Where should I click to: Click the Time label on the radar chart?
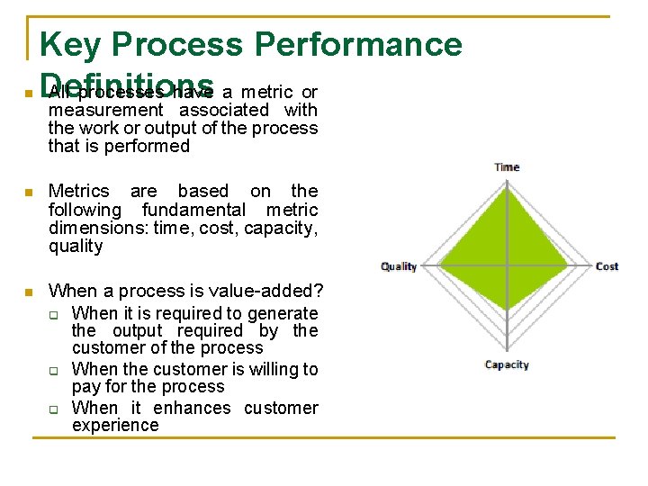tap(507, 166)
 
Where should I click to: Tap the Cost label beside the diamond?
tap(607, 266)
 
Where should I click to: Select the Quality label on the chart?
tap(399, 266)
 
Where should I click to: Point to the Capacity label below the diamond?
tap(507, 364)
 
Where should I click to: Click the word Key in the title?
tap(71, 44)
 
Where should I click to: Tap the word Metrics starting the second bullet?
tap(78, 191)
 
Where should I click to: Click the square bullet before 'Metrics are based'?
tap(29, 193)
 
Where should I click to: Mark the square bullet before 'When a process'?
tap(29, 292)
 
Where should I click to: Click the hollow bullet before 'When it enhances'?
tap(54, 409)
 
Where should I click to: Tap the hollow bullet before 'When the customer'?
tap(54, 370)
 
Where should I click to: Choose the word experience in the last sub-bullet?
tap(115, 426)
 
